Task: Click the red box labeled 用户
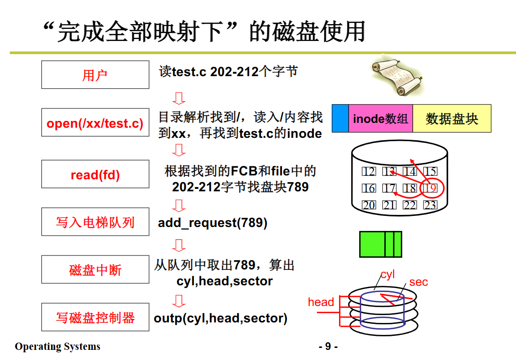point(95,75)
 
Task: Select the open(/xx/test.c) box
point(95,123)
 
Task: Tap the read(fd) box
point(95,174)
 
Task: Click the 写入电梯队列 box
point(95,222)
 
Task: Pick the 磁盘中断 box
point(95,270)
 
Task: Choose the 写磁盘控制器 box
point(95,318)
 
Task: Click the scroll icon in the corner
point(395,77)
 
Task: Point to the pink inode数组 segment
point(380,119)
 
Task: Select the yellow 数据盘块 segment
point(451,119)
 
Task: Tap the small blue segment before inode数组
point(340,119)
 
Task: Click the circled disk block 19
point(430,188)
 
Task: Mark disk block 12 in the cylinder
point(369,172)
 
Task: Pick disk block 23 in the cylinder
point(430,205)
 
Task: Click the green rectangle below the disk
point(380,244)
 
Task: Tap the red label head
point(321,302)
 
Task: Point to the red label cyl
point(387,275)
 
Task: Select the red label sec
point(418,282)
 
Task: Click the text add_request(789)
point(212,223)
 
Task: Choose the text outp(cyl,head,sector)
point(220,318)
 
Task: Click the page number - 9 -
point(328,347)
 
